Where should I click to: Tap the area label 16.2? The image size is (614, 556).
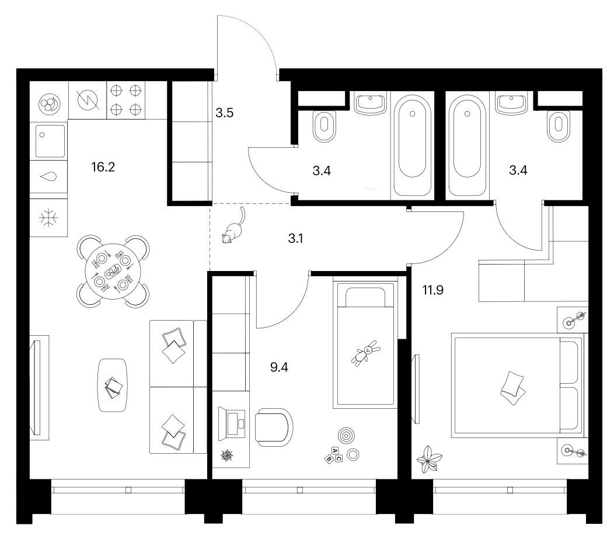[103, 167]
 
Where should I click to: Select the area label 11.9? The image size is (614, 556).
[432, 290]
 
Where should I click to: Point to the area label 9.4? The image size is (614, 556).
[279, 367]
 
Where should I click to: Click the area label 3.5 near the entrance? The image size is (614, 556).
[224, 113]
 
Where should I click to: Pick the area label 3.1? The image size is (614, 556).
[296, 238]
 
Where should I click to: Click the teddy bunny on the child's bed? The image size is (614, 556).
[366, 353]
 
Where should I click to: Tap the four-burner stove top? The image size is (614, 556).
[125, 100]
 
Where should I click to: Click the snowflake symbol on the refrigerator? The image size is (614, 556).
[48, 217]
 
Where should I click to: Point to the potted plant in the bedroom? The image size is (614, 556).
[429, 459]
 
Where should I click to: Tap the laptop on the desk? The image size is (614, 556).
[232, 422]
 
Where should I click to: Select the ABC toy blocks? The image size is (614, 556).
[334, 455]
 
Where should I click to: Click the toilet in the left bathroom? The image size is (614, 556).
[325, 126]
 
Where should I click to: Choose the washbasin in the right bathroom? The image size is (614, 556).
[511, 103]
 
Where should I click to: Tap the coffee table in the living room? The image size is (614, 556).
[113, 385]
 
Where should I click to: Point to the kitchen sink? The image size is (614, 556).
[50, 141]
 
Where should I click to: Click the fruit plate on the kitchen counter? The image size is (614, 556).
[50, 104]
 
